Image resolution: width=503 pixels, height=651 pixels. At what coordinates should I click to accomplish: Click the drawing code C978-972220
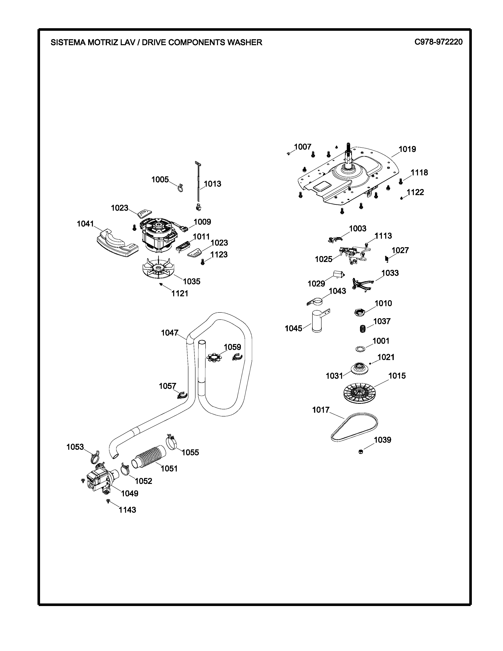pyautogui.click(x=438, y=42)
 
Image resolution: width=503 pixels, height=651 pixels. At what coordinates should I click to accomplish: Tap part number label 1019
pyautogui.click(x=407, y=149)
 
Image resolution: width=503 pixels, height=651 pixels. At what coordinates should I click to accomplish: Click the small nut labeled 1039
pyautogui.click(x=361, y=452)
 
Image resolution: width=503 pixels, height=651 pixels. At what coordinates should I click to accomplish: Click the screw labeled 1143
pyautogui.click(x=108, y=501)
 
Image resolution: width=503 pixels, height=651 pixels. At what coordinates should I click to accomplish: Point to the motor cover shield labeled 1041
pyautogui.click(x=117, y=242)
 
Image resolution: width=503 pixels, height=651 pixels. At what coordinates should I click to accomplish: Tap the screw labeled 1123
pyautogui.click(x=203, y=262)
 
